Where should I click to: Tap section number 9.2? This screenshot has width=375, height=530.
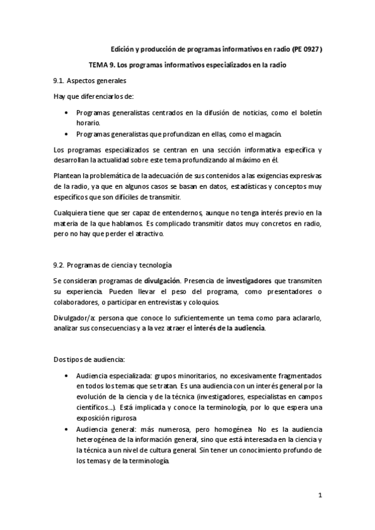(61, 265)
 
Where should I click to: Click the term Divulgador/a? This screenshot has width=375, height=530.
(74, 318)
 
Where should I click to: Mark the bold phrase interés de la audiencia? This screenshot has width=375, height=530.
(230, 329)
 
